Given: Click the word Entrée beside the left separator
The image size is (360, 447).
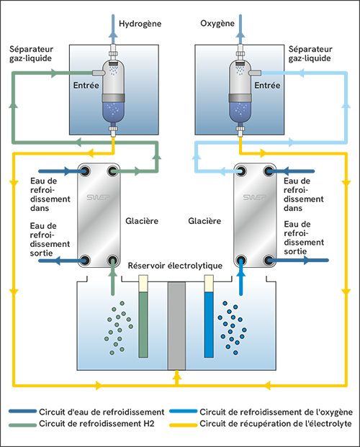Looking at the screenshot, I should pos(86,85).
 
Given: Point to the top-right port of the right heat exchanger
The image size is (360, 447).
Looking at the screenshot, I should pos(269,171).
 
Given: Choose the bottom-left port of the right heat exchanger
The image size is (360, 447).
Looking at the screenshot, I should pos(241,260).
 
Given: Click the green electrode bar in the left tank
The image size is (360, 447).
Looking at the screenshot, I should pos(143,323).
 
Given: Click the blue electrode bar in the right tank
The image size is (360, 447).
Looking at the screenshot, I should pos(209,323).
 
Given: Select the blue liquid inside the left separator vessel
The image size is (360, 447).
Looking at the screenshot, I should pos(114,110).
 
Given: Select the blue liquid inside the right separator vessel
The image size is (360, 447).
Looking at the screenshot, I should pos(241,110).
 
